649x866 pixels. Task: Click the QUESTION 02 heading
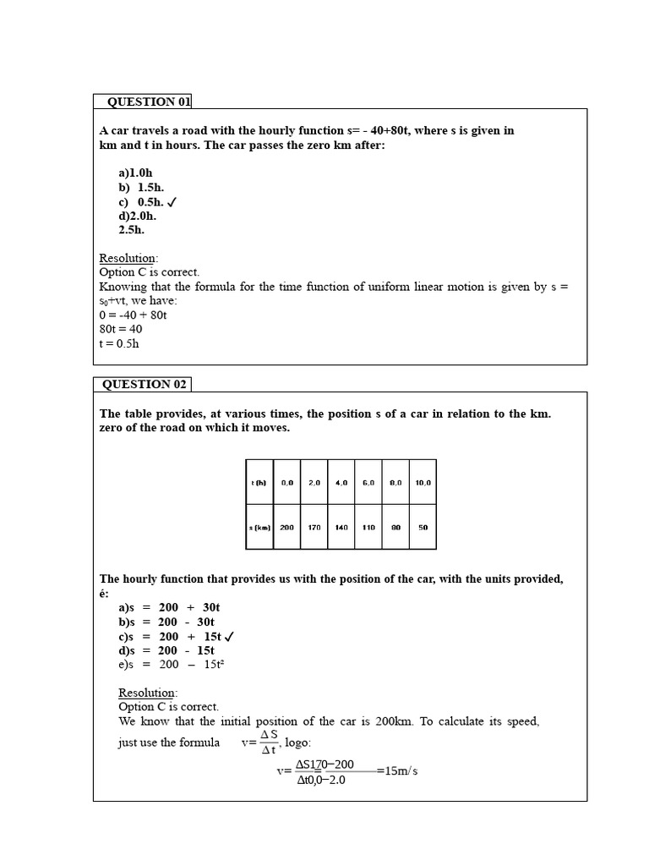[144, 384]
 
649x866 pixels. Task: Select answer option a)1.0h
[135, 173]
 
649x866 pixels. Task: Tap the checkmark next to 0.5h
[172, 202]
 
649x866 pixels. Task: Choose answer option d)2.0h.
[137, 216]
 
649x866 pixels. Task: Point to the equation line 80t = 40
[121, 329]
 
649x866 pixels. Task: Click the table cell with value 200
[287, 527]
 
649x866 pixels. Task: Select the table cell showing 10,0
[423, 482]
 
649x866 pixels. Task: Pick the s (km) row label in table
[259, 527]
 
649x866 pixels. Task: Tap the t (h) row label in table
[259, 482]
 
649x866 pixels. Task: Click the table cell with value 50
[423, 527]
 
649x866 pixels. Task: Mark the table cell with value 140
[341, 527]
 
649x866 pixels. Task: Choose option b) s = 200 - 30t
[166, 622]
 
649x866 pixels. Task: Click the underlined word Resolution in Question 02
[147, 693]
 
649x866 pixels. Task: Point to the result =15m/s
[397, 771]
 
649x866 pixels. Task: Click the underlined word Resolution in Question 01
[128, 258]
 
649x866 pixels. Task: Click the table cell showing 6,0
[368, 482]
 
